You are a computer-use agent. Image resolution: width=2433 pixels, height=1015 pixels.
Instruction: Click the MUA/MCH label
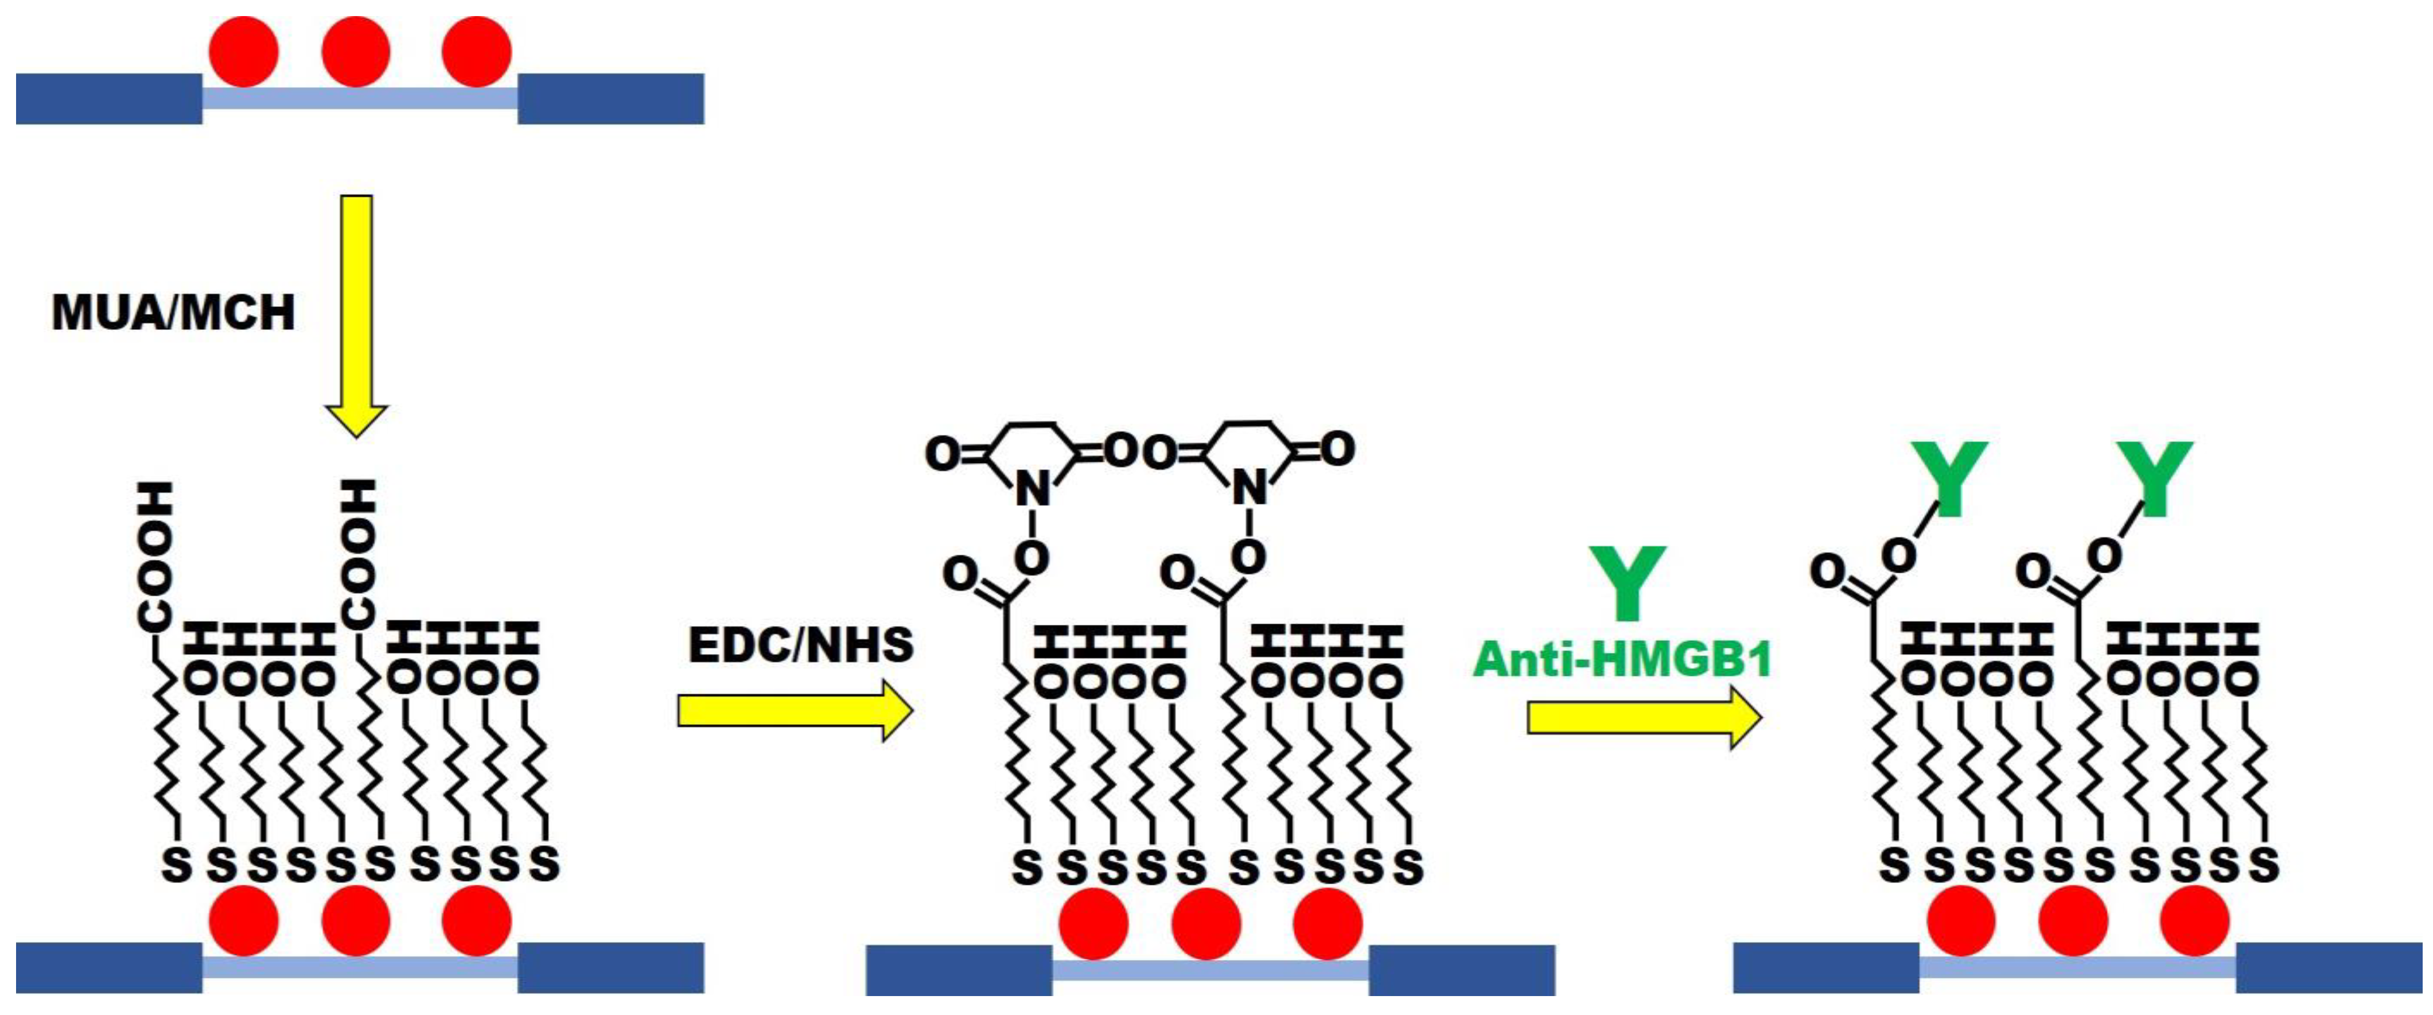click(173, 313)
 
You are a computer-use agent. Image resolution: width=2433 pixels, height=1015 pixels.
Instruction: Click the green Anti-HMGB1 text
click(1622, 659)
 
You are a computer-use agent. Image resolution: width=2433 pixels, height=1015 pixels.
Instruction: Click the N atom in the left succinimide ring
click(1032, 489)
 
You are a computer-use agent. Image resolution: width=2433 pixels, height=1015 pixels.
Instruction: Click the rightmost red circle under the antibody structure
click(2195, 920)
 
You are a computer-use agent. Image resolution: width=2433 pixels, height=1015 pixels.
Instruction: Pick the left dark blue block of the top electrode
click(108, 98)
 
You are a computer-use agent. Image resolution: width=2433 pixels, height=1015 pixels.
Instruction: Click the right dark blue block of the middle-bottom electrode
click(1461, 970)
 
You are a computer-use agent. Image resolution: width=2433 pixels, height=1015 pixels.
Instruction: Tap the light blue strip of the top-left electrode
click(359, 98)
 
